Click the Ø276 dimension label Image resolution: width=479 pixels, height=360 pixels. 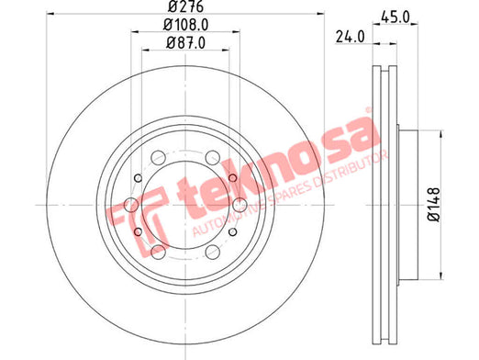[x=185, y=6]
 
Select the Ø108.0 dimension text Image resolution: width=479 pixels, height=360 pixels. [x=185, y=25]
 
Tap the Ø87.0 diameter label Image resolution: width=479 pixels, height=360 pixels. [x=185, y=43]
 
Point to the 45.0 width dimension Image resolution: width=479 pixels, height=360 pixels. [x=395, y=17]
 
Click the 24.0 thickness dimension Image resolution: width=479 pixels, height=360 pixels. [x=351, y=37]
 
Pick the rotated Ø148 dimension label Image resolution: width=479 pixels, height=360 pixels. [x=433, y=205]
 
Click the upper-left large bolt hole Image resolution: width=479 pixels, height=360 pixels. [x=159, y=158]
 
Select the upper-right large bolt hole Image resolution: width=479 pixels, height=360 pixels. [x=213, y=158]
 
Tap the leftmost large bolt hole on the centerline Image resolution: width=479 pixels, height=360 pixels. [x=131, y=205]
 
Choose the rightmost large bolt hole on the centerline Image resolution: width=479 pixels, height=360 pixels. [x=239, y=205]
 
